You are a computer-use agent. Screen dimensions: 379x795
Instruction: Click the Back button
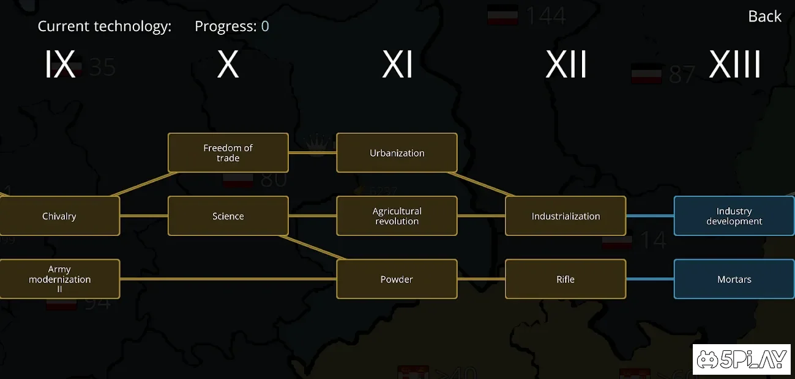[764, 17]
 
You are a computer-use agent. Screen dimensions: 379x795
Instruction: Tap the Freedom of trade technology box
[228, 153]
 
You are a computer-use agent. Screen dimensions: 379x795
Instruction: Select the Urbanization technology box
[397, 153]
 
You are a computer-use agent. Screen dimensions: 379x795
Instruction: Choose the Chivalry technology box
[59, 216]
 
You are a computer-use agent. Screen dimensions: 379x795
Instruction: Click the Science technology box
[228, 216]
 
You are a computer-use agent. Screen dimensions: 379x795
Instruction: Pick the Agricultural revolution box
[397, 216]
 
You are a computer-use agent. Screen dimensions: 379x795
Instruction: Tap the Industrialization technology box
[565, 216]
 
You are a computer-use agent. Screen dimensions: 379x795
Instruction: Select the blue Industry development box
[734, 216]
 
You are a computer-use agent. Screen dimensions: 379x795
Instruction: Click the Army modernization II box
[59, 279]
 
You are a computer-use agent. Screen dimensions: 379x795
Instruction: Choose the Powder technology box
[397, 279]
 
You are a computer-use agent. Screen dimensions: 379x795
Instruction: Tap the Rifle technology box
[565, 279]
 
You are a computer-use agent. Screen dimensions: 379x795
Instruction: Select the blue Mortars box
[734, 279]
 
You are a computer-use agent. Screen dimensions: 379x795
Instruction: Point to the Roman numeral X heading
[228, 65]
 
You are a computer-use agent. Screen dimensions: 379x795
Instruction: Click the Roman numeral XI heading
[397, 65]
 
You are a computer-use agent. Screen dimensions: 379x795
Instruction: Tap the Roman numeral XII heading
[566, 65]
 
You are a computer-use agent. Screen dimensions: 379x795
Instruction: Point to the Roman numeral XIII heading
[734, 65]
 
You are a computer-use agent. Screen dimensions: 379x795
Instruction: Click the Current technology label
[105, 26]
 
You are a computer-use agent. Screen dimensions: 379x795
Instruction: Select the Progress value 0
[265, 26]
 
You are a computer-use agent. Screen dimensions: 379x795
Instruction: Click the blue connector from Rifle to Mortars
[650, 279]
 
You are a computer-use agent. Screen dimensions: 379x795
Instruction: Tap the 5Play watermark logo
[741, 359]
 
